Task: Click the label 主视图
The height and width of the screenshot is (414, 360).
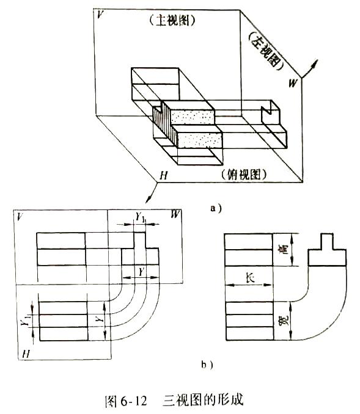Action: tap(172, 20)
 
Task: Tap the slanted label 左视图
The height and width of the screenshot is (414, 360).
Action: tap(266, 51)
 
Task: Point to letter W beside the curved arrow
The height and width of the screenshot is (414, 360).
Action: tap(292, 84)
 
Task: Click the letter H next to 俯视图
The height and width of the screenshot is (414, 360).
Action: tap(164, 175)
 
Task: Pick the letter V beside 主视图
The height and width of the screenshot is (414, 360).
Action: tap(100, 15)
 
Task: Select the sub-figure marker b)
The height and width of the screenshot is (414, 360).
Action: tap(207, 365)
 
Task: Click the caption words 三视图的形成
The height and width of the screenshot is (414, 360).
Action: tap(203, 401)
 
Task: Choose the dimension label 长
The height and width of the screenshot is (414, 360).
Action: tap(251, 278)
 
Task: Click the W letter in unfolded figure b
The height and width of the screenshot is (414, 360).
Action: tap(175, 214)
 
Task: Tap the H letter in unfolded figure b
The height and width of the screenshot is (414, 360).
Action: tap(26, 354)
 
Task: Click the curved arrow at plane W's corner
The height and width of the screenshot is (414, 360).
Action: tap(309, 68)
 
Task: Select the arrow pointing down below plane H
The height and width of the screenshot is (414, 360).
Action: tap(152, 193)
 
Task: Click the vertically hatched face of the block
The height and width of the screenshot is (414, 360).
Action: tap(165, 124)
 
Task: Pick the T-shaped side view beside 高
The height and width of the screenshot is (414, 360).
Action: tap(327, 250)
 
